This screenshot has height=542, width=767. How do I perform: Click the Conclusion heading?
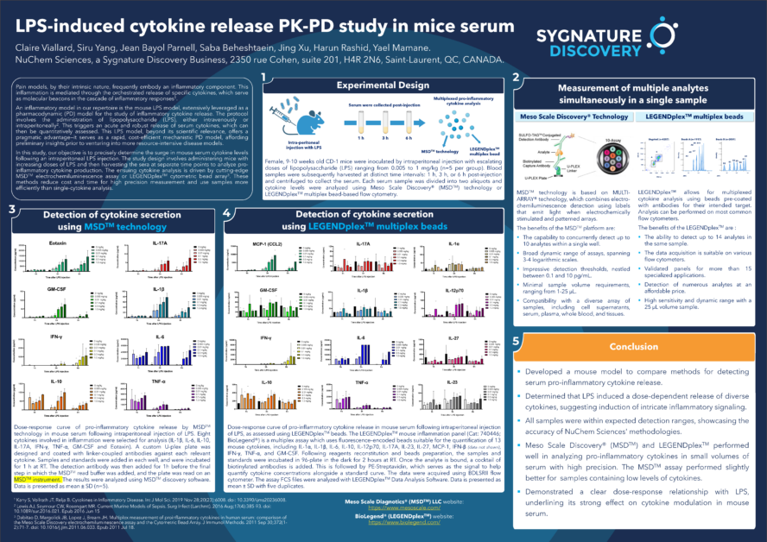(633, 347)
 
